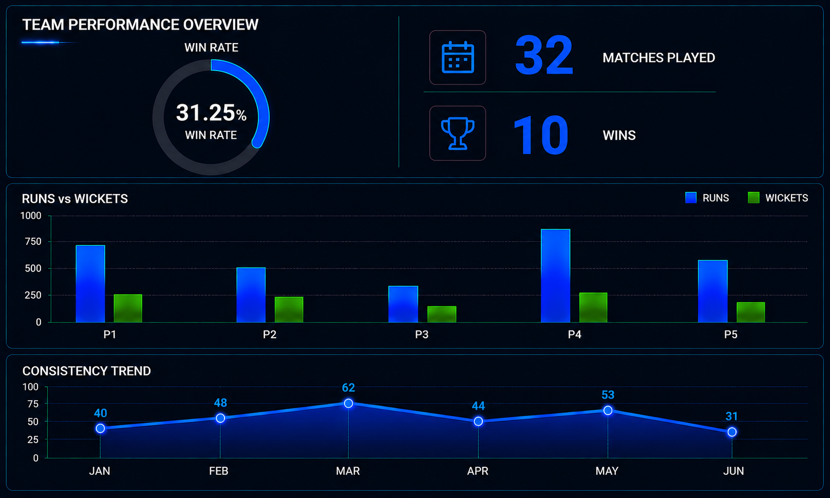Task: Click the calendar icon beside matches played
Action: (458, 57)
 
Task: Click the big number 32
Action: (544, 55)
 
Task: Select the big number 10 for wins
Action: (541, 135)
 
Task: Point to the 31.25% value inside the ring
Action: (211, 113)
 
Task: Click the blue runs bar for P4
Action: (555, 276)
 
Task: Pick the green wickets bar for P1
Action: (128, 308)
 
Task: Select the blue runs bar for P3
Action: (403, 304)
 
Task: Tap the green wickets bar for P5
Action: (751, 313)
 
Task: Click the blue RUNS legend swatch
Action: (691, 198)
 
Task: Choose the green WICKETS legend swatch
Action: (753, 198)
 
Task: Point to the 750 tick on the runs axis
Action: (33, 242)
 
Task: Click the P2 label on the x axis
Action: (269, 335)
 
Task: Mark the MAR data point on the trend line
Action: (348, 403)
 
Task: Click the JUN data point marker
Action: (732, 432)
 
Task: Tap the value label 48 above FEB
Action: (220, 403)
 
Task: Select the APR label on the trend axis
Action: (478, 471)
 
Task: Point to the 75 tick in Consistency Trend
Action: (33, 404)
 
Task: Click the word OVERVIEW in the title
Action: (220, 25)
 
